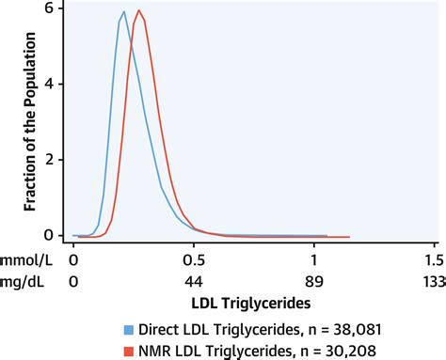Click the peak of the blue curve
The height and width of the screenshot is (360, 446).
pos(123,12)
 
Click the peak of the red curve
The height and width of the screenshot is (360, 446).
pos(139,11)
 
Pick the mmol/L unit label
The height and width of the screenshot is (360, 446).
pos(25,258)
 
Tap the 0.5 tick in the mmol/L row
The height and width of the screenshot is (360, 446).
pos(194,258)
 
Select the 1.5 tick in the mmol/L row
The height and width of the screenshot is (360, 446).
pos(434,258)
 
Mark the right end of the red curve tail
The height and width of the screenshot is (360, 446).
pos(350,237)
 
